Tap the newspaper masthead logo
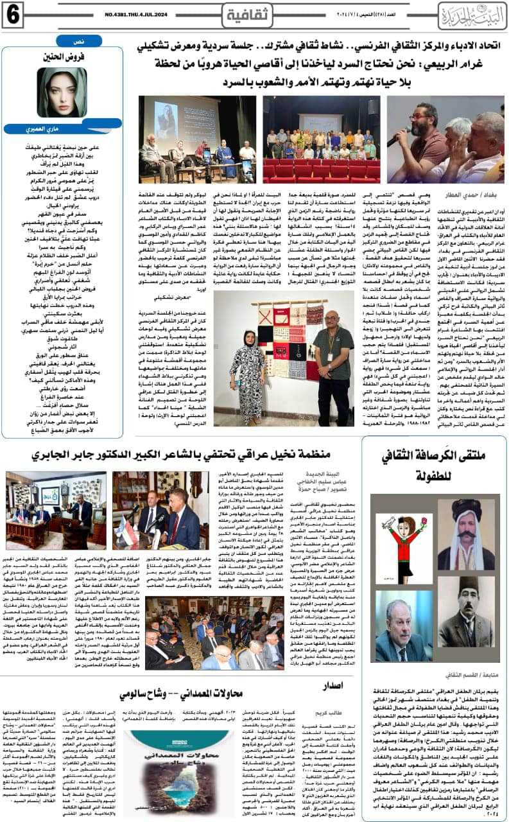[471, 13]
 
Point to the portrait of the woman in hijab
[61, 91]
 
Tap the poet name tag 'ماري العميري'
[61, 129]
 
